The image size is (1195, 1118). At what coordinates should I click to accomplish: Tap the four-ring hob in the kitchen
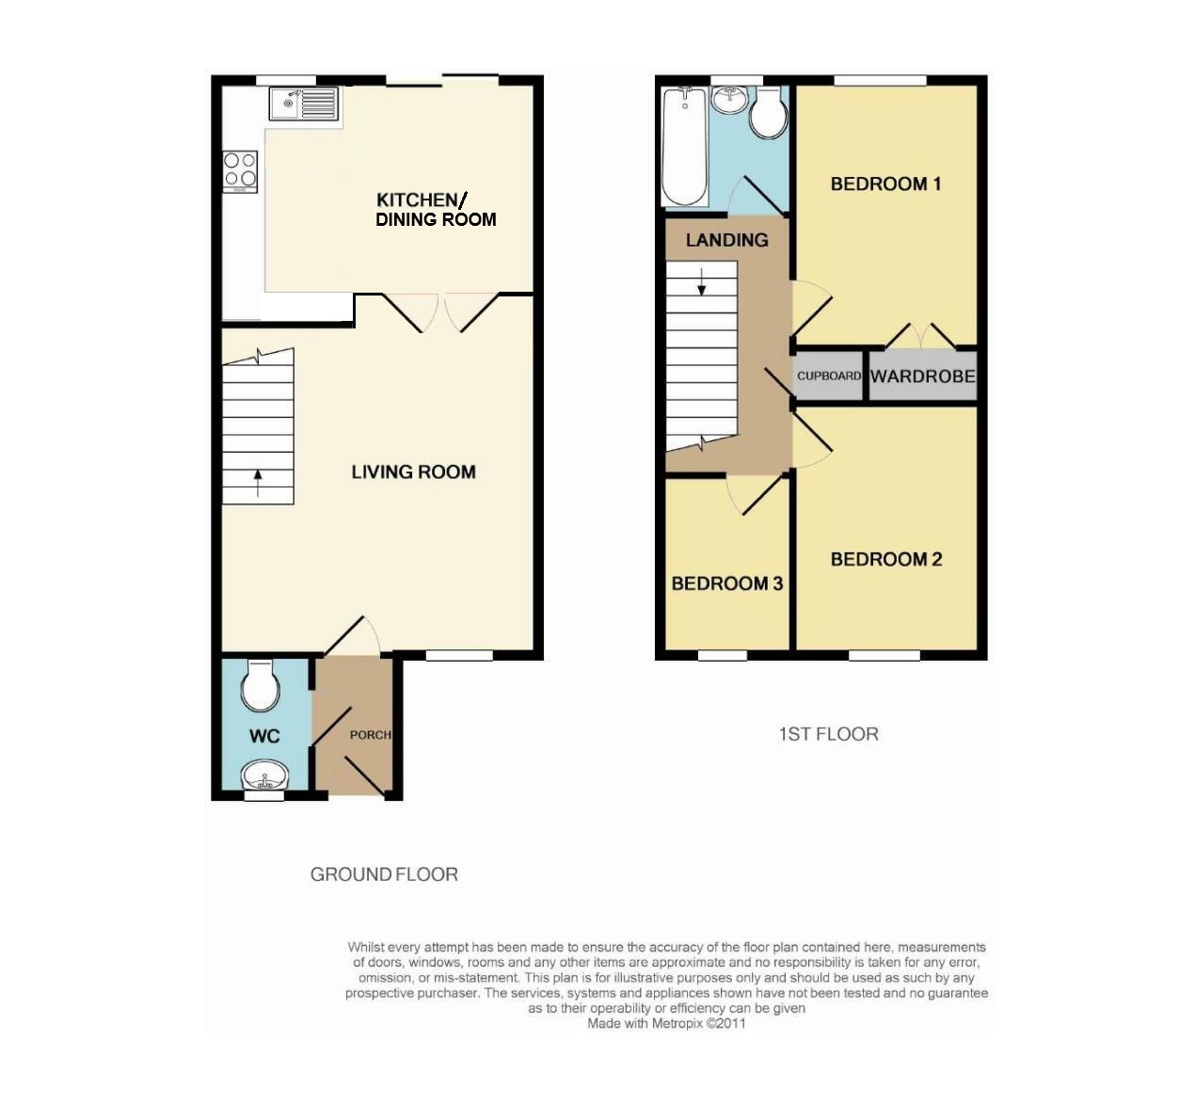click(240, 171)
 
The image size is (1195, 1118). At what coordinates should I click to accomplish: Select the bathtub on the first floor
click(684, 147)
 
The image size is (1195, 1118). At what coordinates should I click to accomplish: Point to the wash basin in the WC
click(264, 775)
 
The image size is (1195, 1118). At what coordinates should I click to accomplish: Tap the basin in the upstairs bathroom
click(729, 98)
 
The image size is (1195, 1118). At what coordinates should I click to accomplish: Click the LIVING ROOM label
click(413, 471)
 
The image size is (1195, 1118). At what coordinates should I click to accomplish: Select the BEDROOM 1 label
click(885, 184)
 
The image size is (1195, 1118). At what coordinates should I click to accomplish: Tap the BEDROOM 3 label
click(726, 583)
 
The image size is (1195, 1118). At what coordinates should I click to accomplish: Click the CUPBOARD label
click(829, 375)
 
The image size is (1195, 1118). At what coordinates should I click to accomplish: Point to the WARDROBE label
click(922, 376)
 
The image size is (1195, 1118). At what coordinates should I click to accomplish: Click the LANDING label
click(726, 240)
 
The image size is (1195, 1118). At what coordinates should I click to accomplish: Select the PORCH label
click(371, 735)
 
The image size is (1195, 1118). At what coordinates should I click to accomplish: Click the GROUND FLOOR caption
click(384, 875)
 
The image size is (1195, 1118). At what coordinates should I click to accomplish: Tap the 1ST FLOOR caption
click(829, 734)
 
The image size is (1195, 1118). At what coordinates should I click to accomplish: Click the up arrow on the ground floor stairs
click(258, 483)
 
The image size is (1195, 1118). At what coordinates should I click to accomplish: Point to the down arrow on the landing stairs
click(701, 281)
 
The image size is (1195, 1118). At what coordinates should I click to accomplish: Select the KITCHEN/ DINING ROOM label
click(436, 210)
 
